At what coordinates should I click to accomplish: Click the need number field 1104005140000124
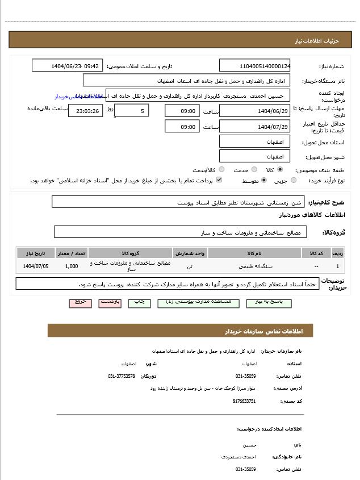(254, 66)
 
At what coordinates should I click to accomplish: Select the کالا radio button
(280, 170)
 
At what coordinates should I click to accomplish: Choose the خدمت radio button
(254, 170)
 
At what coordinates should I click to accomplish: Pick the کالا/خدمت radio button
(221, 170)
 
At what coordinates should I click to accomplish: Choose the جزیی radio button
(294, 181)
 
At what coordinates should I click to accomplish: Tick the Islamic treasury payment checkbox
(219, 181)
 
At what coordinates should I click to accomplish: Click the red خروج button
(80, 302)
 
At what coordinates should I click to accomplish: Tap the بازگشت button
(110, 302)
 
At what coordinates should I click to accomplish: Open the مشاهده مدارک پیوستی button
(194, 302)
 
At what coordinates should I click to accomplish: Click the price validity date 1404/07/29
(254, 127)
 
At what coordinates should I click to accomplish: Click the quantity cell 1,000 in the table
(72, 266)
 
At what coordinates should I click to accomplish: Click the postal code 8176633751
(244, 401)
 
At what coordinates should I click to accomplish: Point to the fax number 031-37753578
(122, 376)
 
